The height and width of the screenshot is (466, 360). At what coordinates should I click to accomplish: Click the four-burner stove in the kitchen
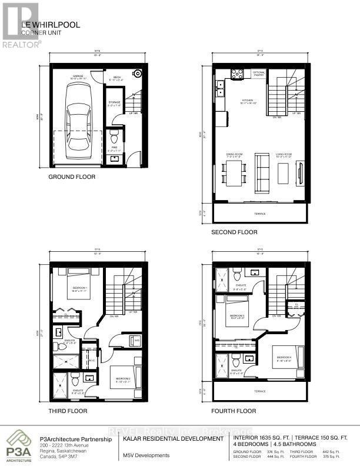(238, 74)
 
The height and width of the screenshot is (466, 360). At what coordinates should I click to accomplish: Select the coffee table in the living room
(282, 172)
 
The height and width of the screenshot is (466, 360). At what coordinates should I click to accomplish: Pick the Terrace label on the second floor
(259, 214)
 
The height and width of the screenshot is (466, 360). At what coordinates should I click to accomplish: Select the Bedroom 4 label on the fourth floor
(280, 358)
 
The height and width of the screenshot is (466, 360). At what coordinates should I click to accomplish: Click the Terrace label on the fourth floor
(259, 390)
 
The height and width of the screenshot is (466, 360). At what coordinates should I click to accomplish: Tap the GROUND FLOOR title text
(72, 177)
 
